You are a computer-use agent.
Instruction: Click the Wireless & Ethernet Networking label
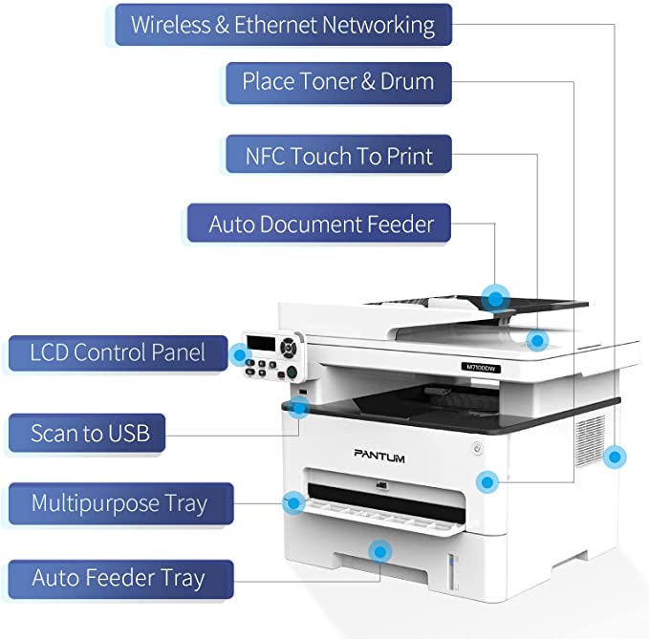pyautogui.click(x=282, y=24)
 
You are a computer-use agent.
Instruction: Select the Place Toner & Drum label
pyautogui.click(x=337, y=82)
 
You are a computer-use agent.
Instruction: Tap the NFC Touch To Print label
pyautogui.click(x=338, y=155)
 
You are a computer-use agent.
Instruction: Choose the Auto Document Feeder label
pyautogui.click(x=321, y=225)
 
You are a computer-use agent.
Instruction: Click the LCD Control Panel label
pyautogui.click(x=118, y=351)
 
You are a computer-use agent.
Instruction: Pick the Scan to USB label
pyautogui.click(x=90, y=433)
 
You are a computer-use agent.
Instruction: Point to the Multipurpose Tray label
pyautogui.click(x=119, y=502)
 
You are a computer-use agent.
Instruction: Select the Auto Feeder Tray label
pyautogui.click(x=119, y=578)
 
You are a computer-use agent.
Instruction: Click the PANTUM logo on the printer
pyautogui.click(x=379, y=458)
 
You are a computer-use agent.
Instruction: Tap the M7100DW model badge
pyautogui.click(x=481, y=367)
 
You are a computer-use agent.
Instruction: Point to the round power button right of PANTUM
pyautogui.click(x=477, y=450)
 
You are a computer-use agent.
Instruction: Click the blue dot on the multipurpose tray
pyautogui.click(x=293, y=500)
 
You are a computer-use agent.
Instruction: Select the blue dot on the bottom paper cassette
pyautogui.click(x=381, y=551)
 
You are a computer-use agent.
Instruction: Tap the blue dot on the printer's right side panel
pyautogui.click(x=617, y=457)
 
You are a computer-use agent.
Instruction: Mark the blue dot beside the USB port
pyautogui.click(x=299, y=408)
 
